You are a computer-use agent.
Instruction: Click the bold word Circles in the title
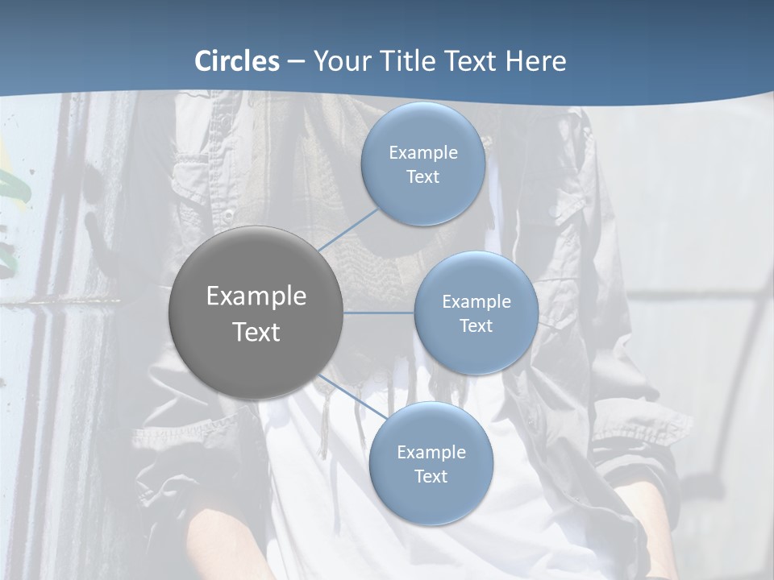point(237,61)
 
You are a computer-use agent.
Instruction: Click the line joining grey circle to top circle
point(348,231)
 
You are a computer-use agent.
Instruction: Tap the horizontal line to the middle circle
point(379,313)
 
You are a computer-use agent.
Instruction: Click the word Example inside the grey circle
point(256,296)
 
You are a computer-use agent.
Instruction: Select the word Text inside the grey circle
point(256,332)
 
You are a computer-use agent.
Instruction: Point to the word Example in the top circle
point(422,153)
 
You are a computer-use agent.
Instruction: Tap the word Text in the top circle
point(422,177)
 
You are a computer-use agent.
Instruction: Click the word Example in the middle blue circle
point(476,302)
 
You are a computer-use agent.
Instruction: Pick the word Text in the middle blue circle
point(476,326)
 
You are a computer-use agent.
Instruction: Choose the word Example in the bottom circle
point(431,453)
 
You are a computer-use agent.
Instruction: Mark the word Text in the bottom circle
point(431,477)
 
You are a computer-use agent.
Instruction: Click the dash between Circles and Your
point(295,62)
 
